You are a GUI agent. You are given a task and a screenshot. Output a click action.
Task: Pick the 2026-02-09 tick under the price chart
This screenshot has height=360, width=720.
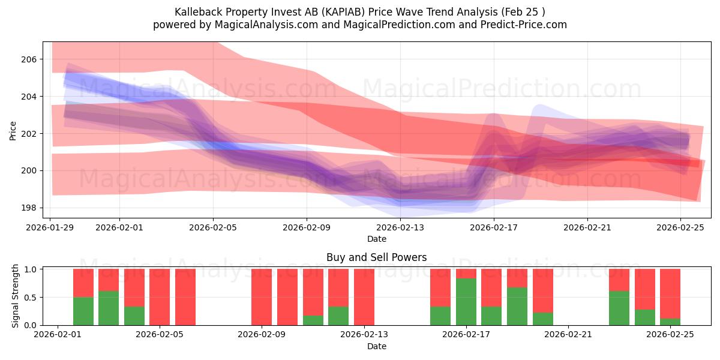point(307,227)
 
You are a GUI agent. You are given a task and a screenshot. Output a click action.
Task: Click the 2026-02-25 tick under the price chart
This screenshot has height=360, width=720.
point(681,227)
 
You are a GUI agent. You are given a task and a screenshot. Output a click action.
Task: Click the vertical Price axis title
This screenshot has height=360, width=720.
point(13,130)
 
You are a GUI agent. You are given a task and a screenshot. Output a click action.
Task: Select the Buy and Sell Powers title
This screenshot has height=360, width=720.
point(376,257)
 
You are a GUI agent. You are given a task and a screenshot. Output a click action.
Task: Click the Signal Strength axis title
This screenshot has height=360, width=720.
point(16,296)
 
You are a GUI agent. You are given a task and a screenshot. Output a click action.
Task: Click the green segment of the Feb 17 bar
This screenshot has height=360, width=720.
point(466,302)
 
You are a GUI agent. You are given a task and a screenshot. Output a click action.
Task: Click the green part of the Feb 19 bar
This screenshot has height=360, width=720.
point(517,306)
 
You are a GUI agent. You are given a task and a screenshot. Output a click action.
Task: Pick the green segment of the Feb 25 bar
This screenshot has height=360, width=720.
point(670,322)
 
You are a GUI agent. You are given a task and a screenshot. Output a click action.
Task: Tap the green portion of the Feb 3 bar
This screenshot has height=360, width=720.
point(109,308)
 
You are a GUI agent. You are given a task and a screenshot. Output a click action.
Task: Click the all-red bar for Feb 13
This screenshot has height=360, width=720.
point(364,297)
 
